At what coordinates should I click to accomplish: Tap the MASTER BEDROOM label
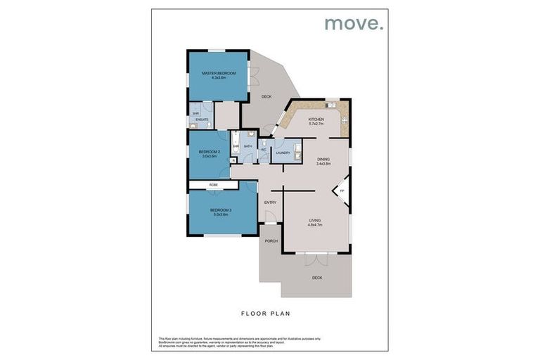[218, 73]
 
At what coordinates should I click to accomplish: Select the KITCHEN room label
[316, 120]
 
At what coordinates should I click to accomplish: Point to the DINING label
[323, 159]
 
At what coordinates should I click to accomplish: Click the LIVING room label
[315, 220]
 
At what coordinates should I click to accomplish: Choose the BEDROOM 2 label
[210, 152]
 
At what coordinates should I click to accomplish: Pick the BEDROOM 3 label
[220, 210]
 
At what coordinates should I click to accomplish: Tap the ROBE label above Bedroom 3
[213, 185]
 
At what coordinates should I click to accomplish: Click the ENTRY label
[270, 202]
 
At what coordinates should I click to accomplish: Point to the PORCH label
[271, 241]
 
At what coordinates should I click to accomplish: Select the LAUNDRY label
[283, 153]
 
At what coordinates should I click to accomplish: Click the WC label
[263, 150]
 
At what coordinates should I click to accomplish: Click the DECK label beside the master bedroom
[266, 97]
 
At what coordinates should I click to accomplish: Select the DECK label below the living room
[317, 277]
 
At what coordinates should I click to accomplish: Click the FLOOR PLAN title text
[266, 314]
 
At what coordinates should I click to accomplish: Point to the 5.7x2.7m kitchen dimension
[316, 126]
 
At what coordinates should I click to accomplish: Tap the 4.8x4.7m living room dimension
[315, 226]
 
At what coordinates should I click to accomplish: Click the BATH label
[247, 147]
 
